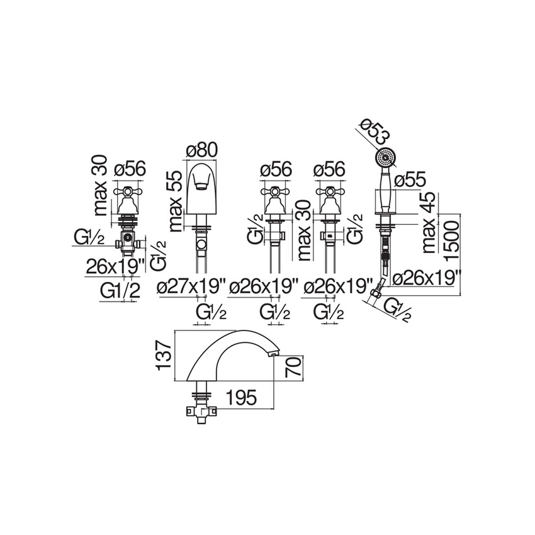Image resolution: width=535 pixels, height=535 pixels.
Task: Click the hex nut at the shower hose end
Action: [376, 291]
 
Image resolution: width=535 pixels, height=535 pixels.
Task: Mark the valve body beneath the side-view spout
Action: [200, 413]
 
